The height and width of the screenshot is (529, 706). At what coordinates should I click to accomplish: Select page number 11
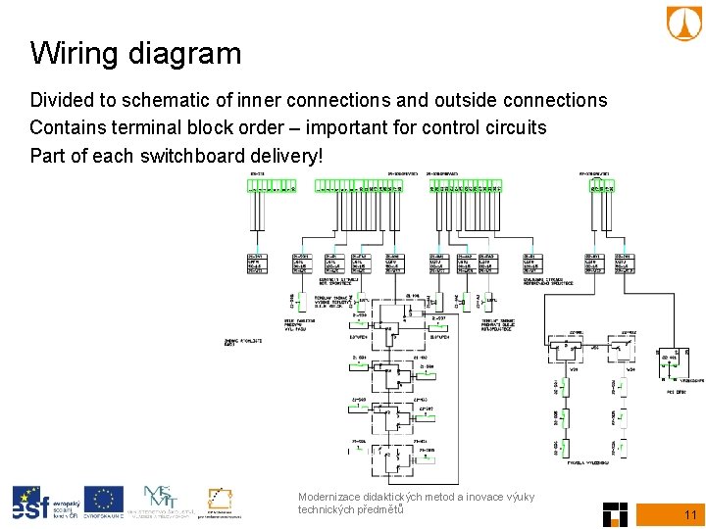(689, 515)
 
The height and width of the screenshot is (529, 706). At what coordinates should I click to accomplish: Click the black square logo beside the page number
(615, 513)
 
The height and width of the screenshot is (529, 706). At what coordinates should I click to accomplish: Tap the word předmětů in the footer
(373, 509)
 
